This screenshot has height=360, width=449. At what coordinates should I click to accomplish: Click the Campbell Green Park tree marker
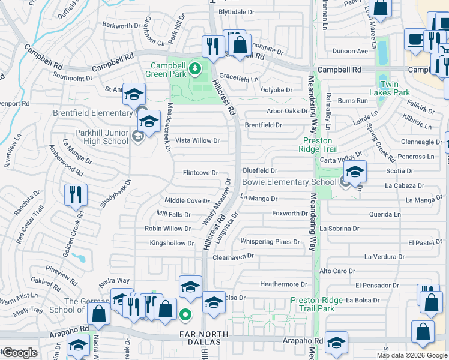[194, 70]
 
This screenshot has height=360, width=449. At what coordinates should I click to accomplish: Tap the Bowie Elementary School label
[289, 182]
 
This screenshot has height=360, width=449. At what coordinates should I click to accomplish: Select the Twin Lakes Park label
[390, 89]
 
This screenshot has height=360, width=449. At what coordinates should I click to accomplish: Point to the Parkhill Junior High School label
[102, 137]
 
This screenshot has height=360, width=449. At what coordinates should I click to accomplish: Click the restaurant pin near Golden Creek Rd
[76, 194]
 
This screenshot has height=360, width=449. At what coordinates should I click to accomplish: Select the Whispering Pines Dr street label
[270, 242]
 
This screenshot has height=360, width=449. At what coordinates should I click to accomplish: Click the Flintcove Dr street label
[200, 173]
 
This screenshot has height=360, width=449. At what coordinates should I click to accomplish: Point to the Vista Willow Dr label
[197, 140]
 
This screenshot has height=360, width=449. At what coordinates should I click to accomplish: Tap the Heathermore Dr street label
[283, 284]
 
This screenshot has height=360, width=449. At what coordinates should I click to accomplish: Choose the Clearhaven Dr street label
[234, 256]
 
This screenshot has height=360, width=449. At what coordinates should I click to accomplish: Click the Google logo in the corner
[19, 353]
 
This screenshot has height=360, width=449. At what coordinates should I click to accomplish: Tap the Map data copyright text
[412, 355]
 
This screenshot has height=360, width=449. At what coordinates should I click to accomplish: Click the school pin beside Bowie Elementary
[355, 172]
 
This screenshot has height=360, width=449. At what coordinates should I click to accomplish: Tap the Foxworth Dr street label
[289, 213]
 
